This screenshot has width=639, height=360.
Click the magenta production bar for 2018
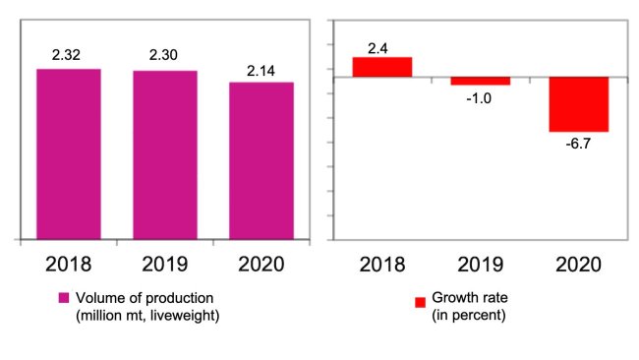click(69, 153)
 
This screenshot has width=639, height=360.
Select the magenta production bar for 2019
click(165, 154)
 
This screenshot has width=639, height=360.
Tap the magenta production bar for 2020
click(261, 160)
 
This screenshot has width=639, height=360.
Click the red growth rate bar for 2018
click(382, 67)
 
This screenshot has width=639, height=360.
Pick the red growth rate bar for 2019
click(481, 81)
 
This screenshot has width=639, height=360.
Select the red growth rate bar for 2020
click(579, 104)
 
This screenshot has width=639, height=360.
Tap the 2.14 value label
click(261, 69)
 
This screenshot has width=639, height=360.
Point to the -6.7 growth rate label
click(579, 144)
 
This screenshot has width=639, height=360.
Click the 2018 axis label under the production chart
click(69, 264)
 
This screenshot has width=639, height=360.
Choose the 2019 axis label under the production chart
click(165, 264)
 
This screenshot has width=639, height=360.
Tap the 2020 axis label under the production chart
click(261, 264)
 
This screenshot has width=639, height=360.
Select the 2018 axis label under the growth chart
click(382, 264)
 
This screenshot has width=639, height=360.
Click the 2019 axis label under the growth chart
click(481, 264)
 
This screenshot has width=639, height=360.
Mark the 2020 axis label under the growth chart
click(579, 264)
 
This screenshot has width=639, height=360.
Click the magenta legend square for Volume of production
click(64, 299)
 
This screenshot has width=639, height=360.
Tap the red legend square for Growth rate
click(420, 302)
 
